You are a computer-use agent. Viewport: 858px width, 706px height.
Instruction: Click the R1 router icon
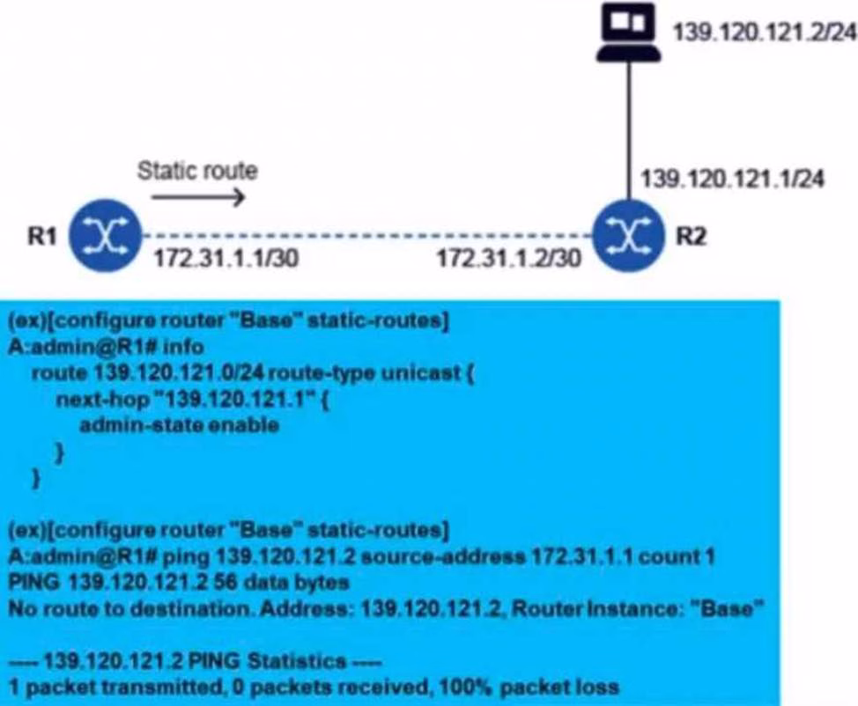(106, 236)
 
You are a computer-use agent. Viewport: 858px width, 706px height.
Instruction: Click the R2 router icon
(629, 236)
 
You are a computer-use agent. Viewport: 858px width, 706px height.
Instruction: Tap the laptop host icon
(629, 33)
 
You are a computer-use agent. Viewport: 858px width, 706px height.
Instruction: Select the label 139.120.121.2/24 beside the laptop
(764, 33)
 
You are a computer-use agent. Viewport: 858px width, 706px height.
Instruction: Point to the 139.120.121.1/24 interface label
(732, 179)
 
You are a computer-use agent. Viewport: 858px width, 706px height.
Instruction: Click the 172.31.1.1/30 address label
(226, 258)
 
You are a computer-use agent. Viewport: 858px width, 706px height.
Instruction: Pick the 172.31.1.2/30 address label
(509, 258)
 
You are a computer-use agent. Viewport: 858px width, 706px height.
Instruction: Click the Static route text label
(197, 171)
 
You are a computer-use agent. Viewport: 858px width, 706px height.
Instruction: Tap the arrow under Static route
(198, 197)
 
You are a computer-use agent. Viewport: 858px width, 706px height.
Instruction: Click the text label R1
(42, 236)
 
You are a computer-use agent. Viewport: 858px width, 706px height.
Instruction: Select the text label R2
(692, 236)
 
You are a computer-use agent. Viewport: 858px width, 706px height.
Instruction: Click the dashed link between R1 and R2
(367, 236)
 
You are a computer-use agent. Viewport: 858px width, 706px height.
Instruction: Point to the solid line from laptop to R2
(629, 131)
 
